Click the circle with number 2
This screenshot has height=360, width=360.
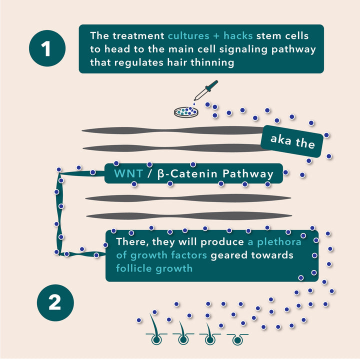[x=55, y=303]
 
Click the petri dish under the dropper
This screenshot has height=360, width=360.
[x=185, y=111]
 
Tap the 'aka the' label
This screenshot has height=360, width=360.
[x=292, y=141]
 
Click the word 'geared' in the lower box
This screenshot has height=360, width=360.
[x=230, y=255]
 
